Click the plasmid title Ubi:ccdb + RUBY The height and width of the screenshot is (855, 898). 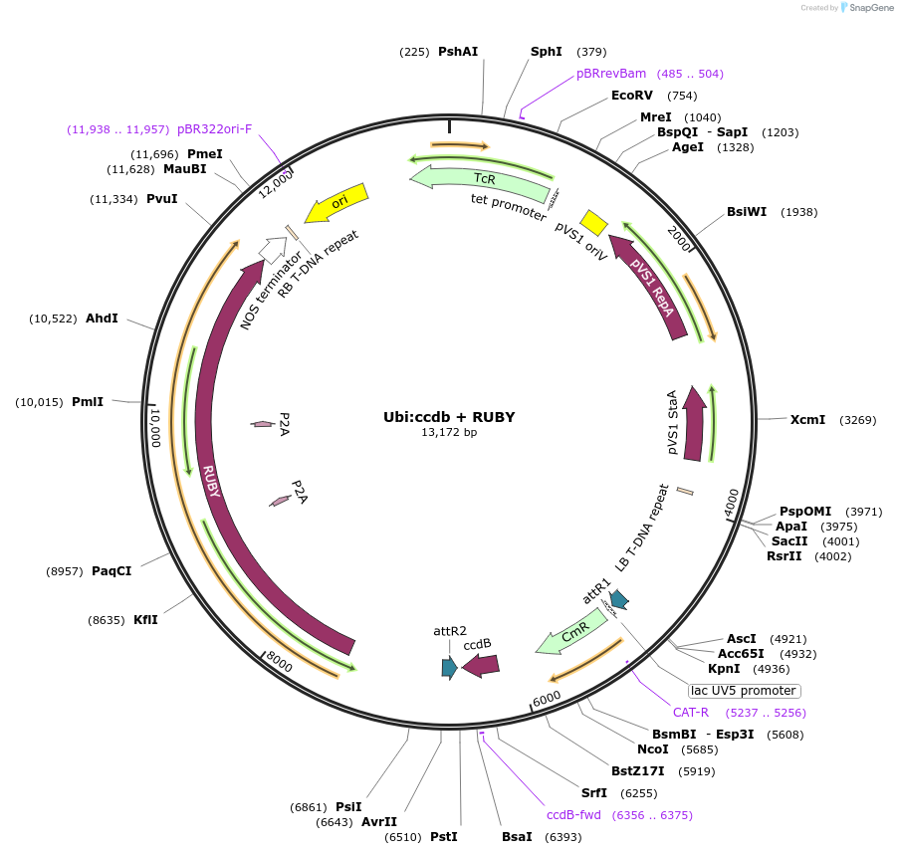pyautogui.click(x=449, y=417)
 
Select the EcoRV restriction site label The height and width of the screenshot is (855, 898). pyautogui.click(x=632, y=96)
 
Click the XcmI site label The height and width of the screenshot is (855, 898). pyautogui.click(x=807, y=420)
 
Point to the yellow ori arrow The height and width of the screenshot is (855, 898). pyautogui.click(x=337, y=202)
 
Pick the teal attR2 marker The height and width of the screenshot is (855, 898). pyautogui.click(x=449, y=667)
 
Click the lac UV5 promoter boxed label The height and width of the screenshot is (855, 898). pyautogui.click(x=744, y=691)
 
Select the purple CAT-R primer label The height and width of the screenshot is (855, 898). pyautogui.click(x=691, y=713)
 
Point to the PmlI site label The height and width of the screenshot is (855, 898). pyautogui.click(x=88, y=402)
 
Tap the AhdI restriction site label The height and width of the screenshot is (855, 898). pyautogui.click(x=102, y=319)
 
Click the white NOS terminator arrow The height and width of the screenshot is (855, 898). pyautogui.click(x=272, y=248)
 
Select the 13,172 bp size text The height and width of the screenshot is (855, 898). pyautogui.click(x=449, y=433)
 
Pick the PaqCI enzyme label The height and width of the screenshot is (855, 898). pyautogui.click(x=112, y=571)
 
